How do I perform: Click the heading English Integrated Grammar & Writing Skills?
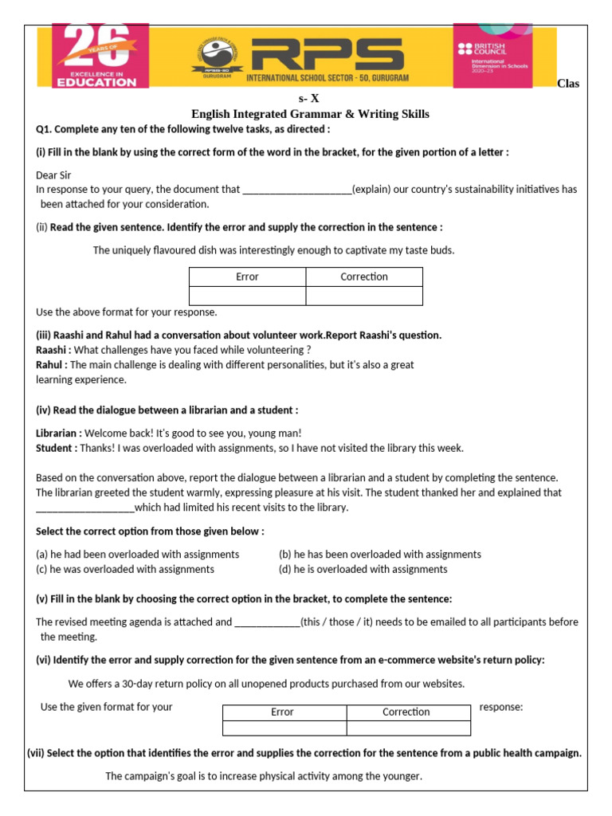click(x=310, y=114)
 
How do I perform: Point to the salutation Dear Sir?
click(x=54, y=175)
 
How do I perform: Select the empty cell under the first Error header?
click(x=247, y=296)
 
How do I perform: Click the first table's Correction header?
click(x=364, y=277)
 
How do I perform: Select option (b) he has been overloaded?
click(x=379, y=554)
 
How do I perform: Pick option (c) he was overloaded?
click(x=125, y=569)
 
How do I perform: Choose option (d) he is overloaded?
click(x=363, y=569)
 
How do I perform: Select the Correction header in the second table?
click(x=406, y=712)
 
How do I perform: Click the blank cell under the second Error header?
click(x=284, y=728)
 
